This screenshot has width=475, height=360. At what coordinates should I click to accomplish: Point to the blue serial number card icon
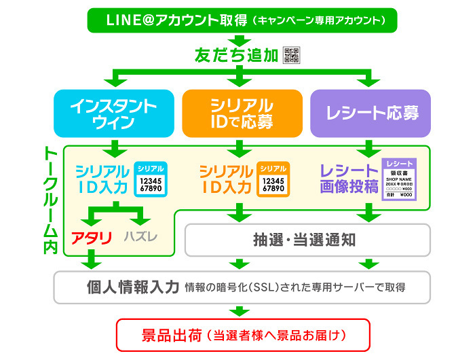pos(150,179)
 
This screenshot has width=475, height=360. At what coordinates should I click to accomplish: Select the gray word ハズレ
pos(141,237)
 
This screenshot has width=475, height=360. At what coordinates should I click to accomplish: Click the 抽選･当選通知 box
pos(308,239)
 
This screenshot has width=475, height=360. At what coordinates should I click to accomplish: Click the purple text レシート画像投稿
pos(348,179)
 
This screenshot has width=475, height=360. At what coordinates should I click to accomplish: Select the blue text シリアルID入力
pos(102,179)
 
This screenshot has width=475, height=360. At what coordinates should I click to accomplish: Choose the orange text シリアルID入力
pos(225,179)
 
